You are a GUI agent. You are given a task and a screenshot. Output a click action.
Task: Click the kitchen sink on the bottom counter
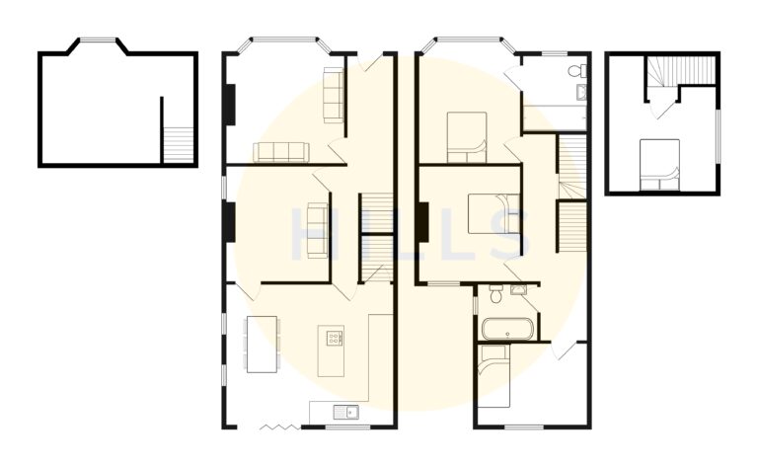[342, 411]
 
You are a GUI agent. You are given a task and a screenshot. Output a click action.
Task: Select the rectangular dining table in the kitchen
[261, 344]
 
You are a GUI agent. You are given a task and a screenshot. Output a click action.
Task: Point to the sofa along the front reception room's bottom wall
[281, 151]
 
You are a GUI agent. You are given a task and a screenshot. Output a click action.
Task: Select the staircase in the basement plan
[178, 145]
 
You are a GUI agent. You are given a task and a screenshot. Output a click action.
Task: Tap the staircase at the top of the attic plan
[682, 71]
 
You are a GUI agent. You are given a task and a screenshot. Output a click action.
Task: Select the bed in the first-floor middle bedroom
[493, 214]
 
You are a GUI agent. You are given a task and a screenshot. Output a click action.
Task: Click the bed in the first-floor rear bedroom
[493, 378]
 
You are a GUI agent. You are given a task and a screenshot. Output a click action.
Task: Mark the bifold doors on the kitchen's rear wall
[275, 427]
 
